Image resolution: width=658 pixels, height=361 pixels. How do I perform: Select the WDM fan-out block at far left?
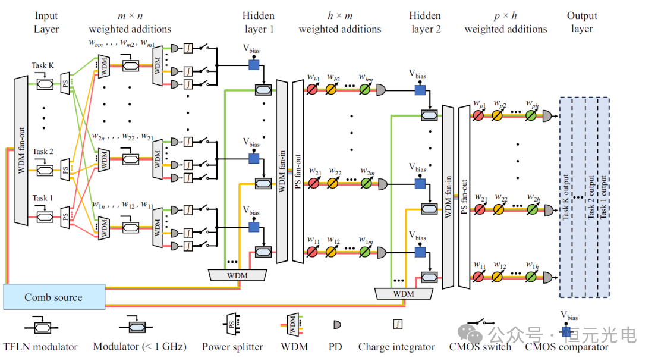click(20, 150)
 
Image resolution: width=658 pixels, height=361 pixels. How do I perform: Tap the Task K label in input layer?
click(43, 65)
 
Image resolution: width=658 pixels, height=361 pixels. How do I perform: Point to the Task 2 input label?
click(43, 152)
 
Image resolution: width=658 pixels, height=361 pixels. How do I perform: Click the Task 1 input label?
click(43, 198)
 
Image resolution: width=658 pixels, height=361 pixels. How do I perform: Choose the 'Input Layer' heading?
click(47, 23)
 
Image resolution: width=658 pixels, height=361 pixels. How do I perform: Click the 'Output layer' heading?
click(582, 23)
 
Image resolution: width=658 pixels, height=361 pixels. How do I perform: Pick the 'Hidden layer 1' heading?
click(259, 23)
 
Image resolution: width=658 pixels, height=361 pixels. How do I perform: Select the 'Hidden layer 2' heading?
click(426, 23)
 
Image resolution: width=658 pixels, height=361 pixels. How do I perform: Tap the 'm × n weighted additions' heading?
click(130, 23)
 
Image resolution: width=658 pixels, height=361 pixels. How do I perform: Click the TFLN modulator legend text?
click(40, 347)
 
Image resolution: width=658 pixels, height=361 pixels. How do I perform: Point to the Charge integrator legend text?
click(396, 347)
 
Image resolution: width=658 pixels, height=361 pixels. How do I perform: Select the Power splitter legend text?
click(232, 347)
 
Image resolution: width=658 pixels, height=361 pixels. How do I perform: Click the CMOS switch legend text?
click(480, 347)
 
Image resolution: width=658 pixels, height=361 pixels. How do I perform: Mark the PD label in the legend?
click(336, 347)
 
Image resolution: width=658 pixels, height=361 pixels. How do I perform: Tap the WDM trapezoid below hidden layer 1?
click(237, 275)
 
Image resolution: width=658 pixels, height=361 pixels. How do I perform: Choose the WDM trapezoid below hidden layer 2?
click(404, 293)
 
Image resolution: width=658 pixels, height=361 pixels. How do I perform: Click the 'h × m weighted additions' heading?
click(340, 23)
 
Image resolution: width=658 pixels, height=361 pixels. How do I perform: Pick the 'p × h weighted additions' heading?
click(506, 23)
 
